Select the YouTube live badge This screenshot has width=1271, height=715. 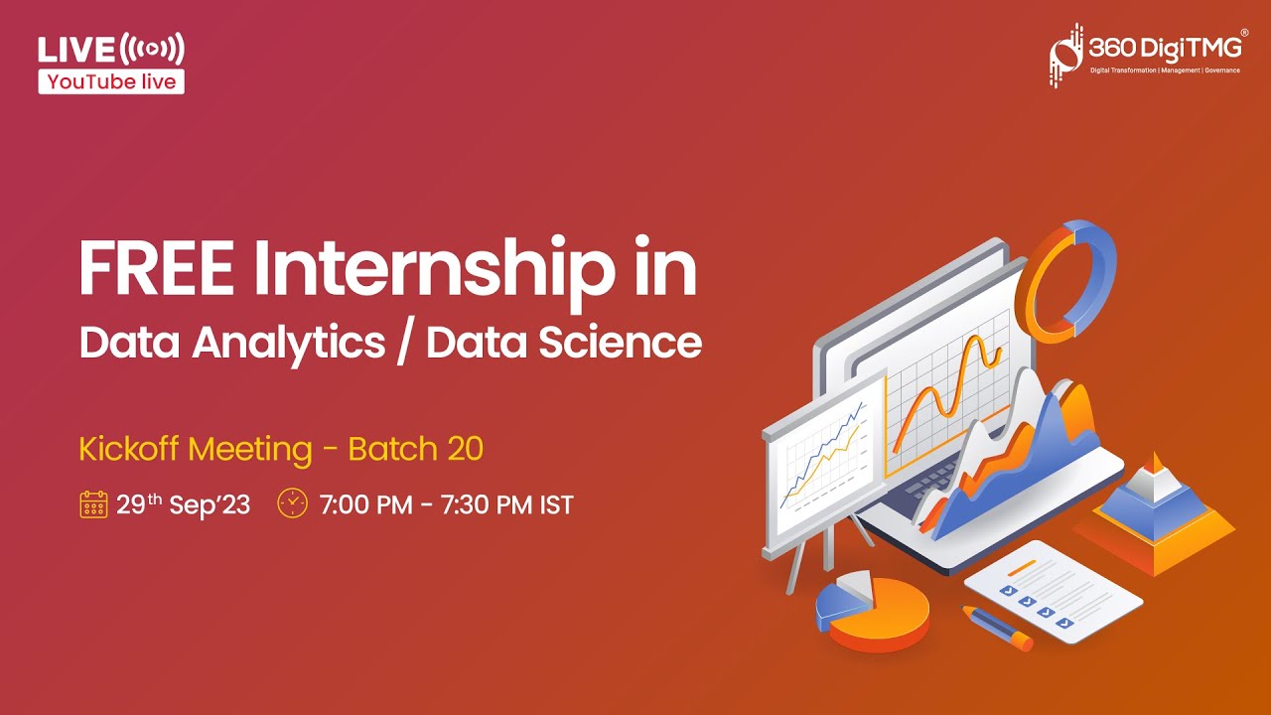tap(111, 81)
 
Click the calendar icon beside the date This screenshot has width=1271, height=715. tap(92, 504)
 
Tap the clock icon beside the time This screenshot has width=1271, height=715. tap(292, 503)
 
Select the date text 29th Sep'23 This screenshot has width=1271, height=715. tap(183, 504)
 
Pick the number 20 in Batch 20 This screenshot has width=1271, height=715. tap(465, 450)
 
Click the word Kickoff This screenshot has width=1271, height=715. tap(129, 450)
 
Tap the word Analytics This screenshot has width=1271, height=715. tap(289, 344)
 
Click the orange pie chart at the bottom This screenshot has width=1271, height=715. tap(874, 614)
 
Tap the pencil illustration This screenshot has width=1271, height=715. tap(997, 628)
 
